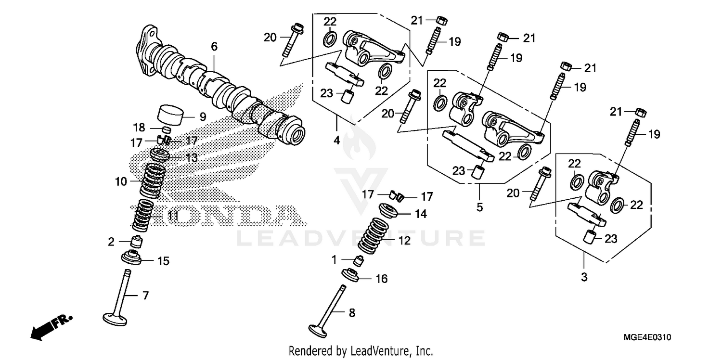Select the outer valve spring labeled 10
click(x=152, y=181)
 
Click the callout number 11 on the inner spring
click(x=173, y=217)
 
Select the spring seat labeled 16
click(x=352, y=276)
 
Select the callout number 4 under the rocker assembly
click(x=336, y=141)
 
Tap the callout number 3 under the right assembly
click(x=584, y=277)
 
